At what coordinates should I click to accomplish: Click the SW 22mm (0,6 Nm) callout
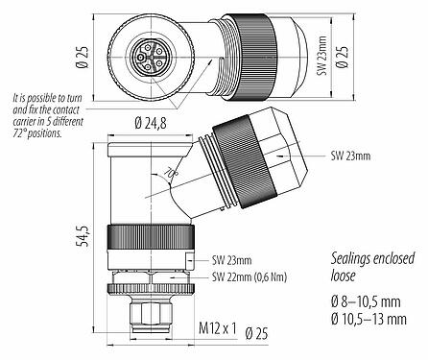252,277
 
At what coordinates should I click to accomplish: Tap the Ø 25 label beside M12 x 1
256,333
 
